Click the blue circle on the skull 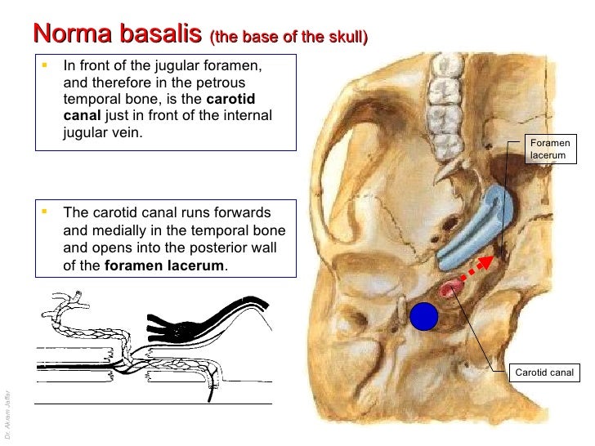click(x=424, y=316)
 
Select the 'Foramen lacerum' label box click(x=548, y=149)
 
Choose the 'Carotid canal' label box click(x=544, y=373)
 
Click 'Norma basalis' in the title click(x=117, y=34)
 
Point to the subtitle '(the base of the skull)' click(x=289, y=38)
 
